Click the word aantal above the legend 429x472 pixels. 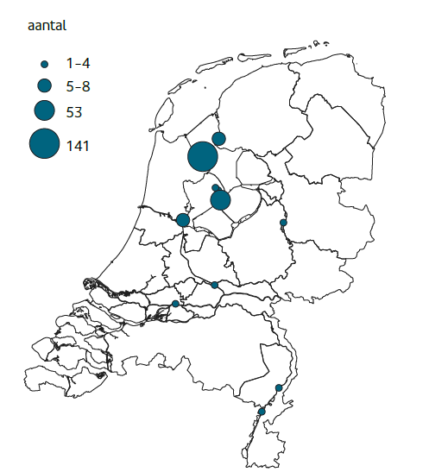[47, 26]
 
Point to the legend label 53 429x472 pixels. [74, 111]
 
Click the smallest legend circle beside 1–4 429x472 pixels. [44, 64]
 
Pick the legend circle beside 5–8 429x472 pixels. [44, 85]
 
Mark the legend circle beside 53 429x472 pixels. [44, 110]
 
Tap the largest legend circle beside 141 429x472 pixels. [44, 144]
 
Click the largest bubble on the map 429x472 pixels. [202, 157]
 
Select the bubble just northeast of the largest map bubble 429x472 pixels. [218, 139]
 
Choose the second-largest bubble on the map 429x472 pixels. [220, 200]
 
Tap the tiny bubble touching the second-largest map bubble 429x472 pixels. [215, 186]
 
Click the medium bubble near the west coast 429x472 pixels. [183, 220]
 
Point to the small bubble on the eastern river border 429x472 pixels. [283, 223]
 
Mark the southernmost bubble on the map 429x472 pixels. [262, 412]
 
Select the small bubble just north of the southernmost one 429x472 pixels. [278, 388]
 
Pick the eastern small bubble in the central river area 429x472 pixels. [215, 285]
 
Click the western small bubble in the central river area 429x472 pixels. [175, 304]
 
